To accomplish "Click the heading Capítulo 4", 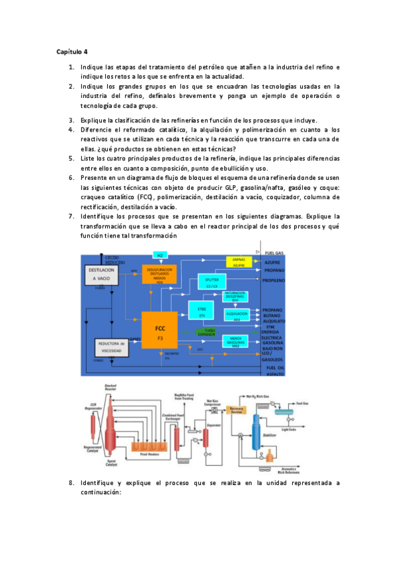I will pos(72,51).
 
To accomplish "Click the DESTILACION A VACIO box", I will pos(105,275).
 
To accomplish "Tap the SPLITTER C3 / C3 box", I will pos(212,282).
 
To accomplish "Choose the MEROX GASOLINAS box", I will pos(236,341).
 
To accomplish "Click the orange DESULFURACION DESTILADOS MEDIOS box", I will pos(160,275).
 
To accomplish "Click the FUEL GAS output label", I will pos(274,252).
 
